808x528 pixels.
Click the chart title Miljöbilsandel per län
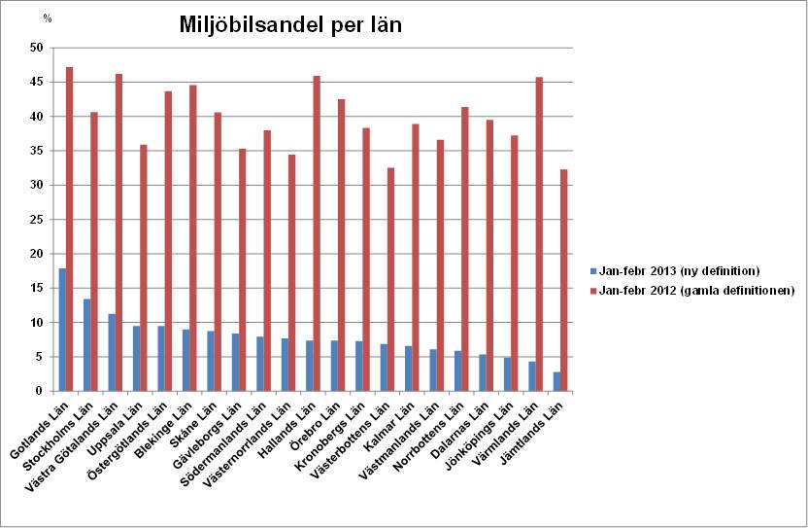290,25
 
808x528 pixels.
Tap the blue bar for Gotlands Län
62,330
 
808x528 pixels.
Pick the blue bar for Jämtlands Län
556,381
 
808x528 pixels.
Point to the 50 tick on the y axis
36,48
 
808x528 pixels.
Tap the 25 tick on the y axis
36,220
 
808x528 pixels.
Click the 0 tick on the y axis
39,391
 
